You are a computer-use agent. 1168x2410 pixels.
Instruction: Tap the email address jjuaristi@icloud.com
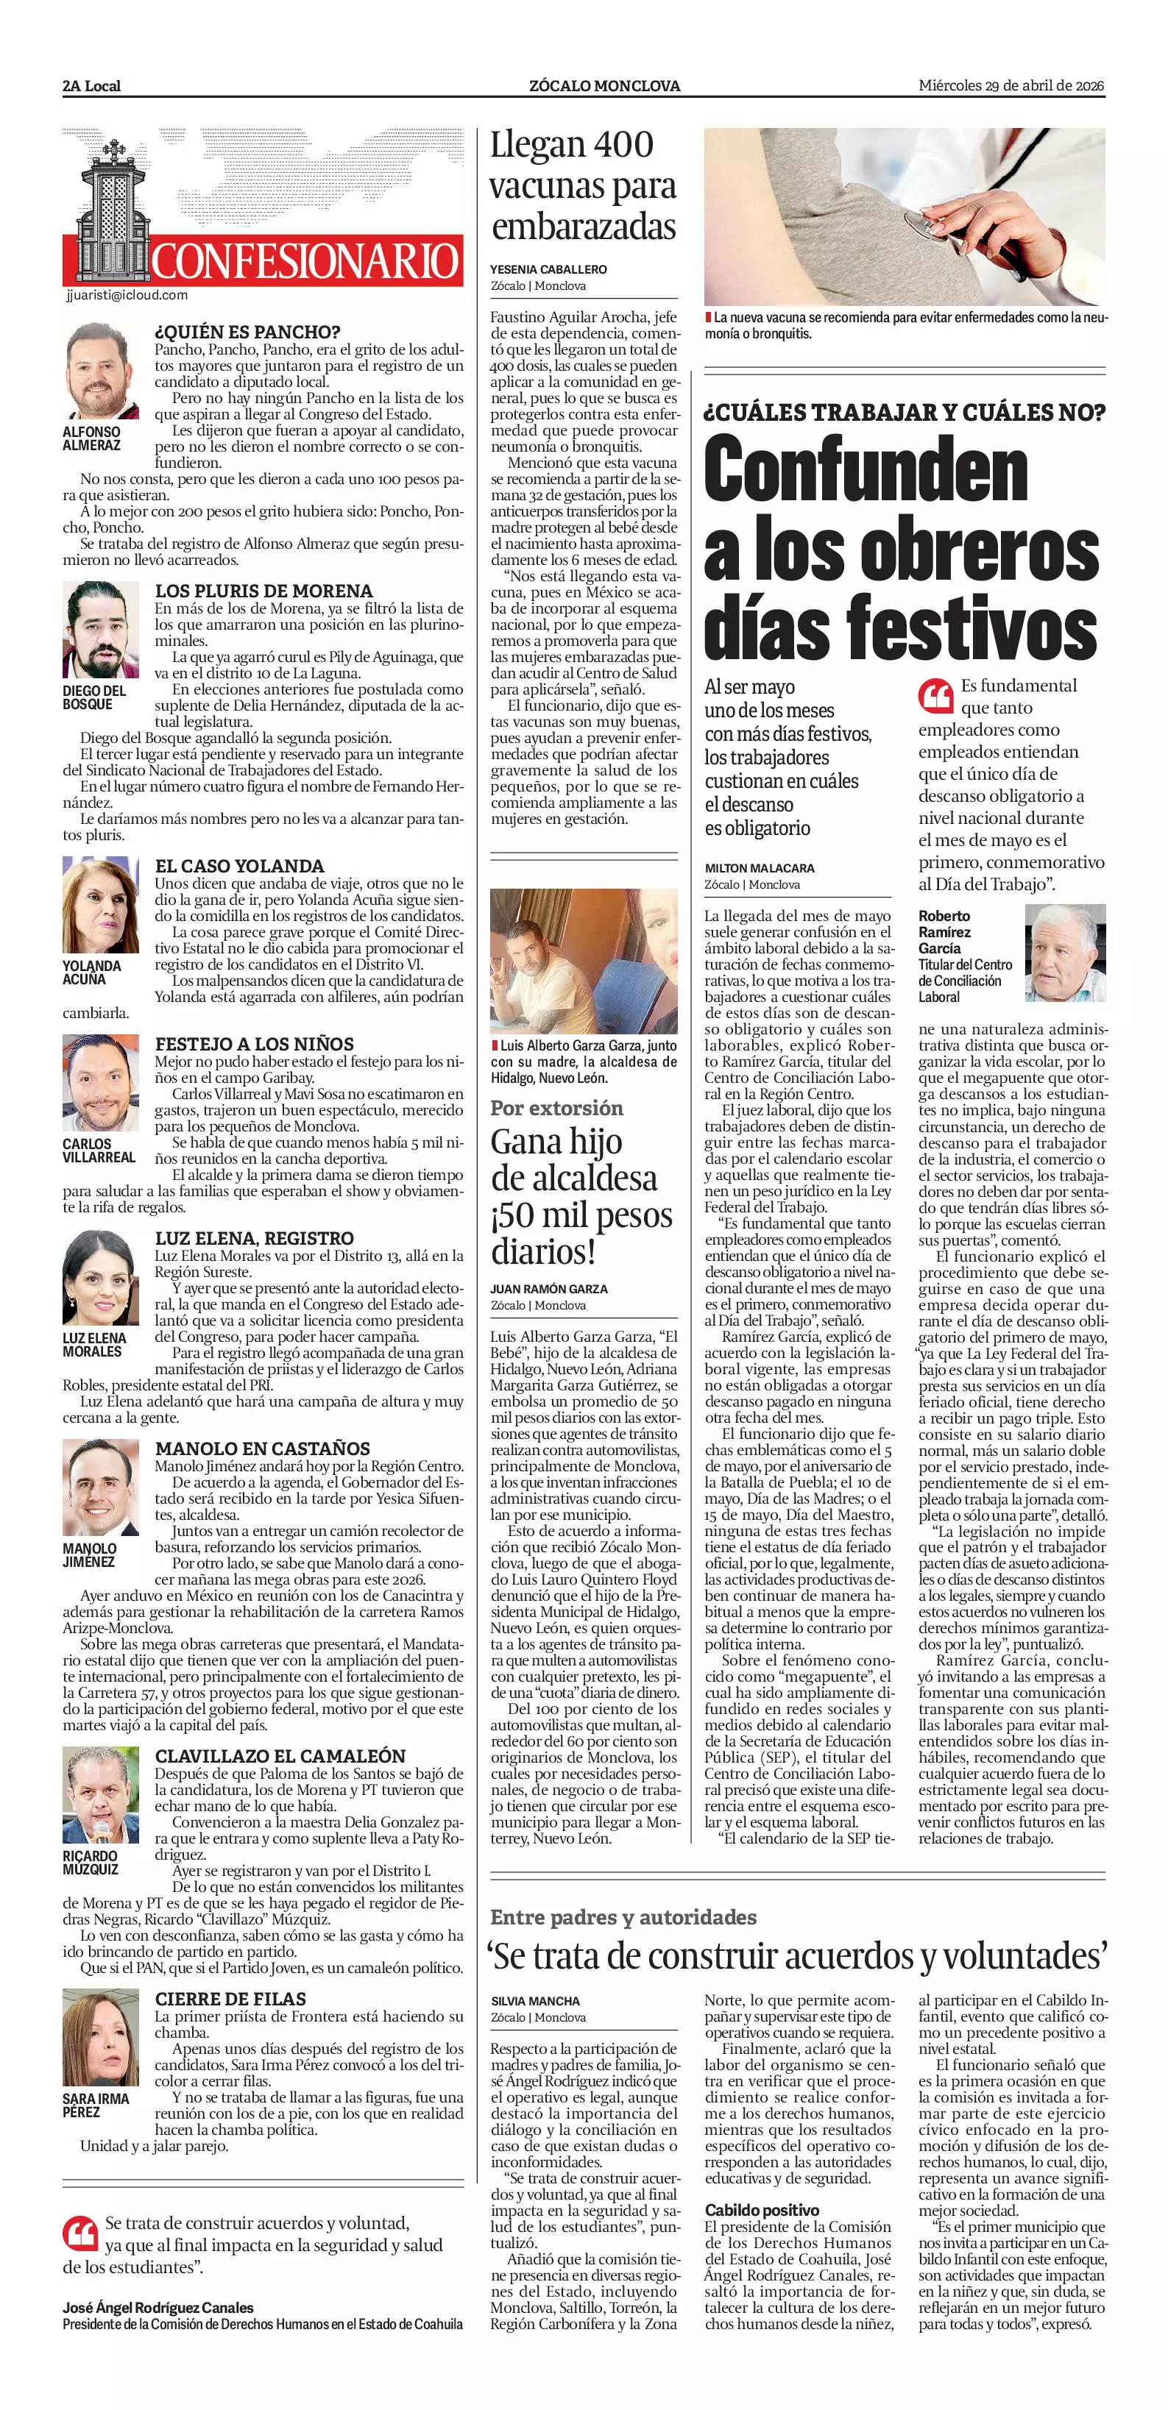click(127, 295)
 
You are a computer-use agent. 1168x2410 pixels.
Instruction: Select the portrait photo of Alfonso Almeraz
click(101, 372)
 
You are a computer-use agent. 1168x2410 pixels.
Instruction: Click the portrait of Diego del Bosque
click(101, 630)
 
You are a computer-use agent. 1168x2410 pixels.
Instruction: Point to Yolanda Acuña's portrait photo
click(101, 906)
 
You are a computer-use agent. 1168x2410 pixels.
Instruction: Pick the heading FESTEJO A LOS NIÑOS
click(255, 1043)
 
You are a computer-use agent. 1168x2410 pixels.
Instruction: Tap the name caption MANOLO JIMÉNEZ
click(90, 1555)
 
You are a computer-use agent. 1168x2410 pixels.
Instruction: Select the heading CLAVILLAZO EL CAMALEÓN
click(280, 1756)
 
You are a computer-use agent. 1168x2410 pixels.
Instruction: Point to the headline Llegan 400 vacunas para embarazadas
click(582, 185)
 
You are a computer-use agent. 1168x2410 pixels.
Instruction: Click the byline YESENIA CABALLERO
click(548, 269)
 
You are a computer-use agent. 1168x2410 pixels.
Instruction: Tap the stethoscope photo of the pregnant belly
click(904, 216)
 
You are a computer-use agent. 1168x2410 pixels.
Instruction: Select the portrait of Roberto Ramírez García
click(1065, 953)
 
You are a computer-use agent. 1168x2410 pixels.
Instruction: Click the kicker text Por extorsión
click(556, 1108)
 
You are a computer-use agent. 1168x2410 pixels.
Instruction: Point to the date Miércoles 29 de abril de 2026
click(1011, 86)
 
